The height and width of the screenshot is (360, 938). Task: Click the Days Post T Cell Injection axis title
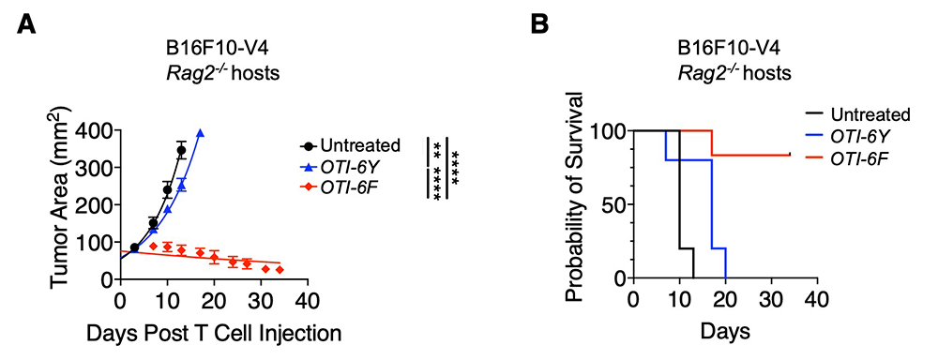215,333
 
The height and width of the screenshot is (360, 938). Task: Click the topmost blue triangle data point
200,133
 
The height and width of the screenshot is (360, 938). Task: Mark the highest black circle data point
181,150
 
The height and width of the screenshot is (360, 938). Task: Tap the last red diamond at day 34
280,270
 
